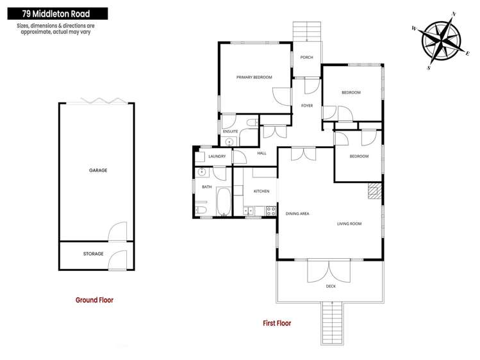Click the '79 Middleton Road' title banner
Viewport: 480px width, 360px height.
[53, 13]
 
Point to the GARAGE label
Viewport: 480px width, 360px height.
[97, 170]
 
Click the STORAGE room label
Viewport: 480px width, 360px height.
[93, 254]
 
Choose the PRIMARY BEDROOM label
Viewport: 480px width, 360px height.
[254, 77]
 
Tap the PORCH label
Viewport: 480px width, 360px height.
[306, 58]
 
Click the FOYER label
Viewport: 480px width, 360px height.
[306, 105]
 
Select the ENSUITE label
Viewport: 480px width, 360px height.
[231, 131]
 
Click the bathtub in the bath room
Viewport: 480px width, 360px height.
[223, 202]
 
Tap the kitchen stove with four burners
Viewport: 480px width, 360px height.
[271, 211]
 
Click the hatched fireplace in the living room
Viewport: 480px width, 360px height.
[374, 191]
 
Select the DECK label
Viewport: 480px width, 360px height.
[331, 286]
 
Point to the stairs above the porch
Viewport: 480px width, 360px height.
[306, 31]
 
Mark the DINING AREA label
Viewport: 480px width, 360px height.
[297, 213]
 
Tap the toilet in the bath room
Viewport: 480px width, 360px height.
[201, 210]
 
